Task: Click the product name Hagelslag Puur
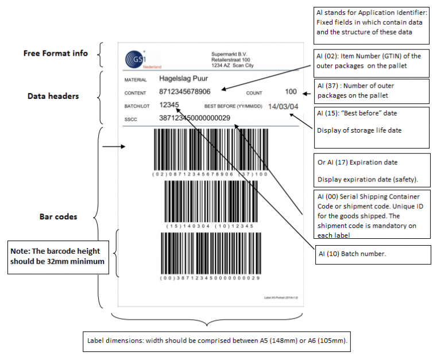(184, 79)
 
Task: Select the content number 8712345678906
(184, 92)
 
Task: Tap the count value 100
(291, 92)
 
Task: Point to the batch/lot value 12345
(169, 105)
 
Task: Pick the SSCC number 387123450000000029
(194, 118)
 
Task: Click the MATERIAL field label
(136, 80)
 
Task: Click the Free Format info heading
(56, 53)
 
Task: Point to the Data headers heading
(53, 96)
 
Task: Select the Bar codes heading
(58, 216)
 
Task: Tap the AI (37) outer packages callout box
(372, 90)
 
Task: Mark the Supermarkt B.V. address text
(232, 60)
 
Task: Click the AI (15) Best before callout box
(372, 122)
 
